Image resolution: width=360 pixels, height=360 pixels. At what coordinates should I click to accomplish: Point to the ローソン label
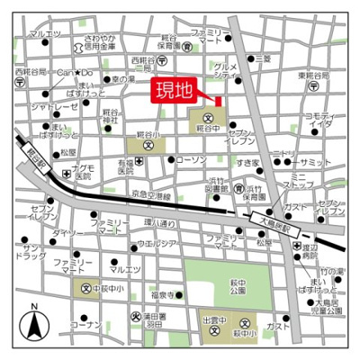[x=192, y=159]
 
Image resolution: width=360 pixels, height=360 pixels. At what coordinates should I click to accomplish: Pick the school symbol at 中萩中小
[x=80, y=289]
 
